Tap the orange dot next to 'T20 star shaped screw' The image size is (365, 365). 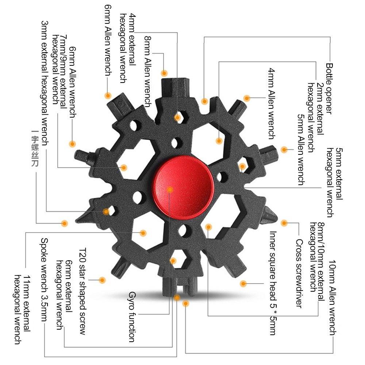[x=103, y=280]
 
